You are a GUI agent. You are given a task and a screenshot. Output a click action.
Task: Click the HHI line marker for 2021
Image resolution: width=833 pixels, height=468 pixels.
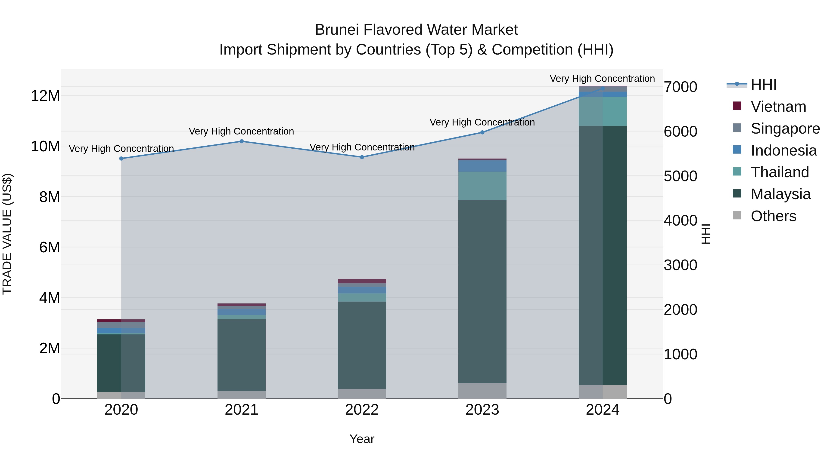click(242, 141)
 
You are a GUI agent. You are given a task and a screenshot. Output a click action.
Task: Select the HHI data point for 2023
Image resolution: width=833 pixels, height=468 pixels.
click(482, 132)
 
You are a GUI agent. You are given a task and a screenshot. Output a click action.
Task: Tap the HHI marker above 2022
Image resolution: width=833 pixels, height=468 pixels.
click(362, 157)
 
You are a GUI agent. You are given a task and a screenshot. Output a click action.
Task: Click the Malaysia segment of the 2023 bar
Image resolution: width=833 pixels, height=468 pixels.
click(482, 291)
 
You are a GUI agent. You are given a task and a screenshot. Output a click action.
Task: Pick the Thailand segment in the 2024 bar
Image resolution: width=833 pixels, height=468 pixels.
click(603, 111)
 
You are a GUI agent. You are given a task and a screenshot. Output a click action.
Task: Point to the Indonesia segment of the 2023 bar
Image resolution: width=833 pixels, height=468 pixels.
click(482, 166)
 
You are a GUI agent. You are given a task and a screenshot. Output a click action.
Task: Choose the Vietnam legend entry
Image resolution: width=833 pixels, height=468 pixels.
click(778, 107)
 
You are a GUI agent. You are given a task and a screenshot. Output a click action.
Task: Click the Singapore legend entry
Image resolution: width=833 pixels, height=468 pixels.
click(785, 128)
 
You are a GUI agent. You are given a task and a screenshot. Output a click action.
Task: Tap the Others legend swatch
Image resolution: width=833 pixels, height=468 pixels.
click(737, 215)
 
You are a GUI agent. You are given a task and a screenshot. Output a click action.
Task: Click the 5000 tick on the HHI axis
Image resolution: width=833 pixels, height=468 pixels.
click(680, 176)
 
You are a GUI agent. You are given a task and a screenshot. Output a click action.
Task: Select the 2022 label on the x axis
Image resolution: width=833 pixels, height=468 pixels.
click(362, 410)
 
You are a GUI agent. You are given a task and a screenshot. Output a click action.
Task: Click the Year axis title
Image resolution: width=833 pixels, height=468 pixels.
click(362, 439)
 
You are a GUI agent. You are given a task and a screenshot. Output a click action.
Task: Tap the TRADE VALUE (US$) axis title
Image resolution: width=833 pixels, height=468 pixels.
click(7, 234)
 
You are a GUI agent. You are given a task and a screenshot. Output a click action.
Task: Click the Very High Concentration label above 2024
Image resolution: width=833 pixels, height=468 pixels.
click(602, 79)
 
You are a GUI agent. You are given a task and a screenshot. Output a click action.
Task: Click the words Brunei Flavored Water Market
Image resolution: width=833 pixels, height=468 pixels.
click(416, 30)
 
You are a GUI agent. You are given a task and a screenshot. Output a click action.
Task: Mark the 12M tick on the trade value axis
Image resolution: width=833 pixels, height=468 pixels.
click(45, 96)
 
